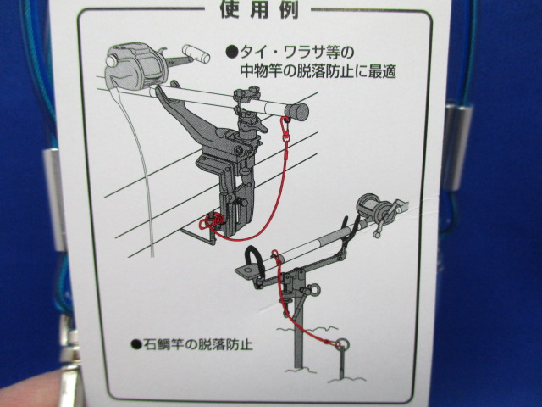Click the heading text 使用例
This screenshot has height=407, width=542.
259,9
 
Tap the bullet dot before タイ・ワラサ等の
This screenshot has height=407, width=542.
231,53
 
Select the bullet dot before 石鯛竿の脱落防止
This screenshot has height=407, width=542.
136,344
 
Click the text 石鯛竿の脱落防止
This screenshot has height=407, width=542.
197,344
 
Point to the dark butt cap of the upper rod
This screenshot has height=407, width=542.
296,112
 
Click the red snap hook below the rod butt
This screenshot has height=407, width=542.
286,129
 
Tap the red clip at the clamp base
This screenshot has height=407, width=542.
211,221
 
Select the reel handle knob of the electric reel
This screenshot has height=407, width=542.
196,53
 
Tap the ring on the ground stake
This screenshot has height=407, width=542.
342,345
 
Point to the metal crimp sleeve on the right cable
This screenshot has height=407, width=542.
456,148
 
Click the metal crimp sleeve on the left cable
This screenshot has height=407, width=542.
55,199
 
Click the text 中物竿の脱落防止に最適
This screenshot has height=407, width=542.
318,71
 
